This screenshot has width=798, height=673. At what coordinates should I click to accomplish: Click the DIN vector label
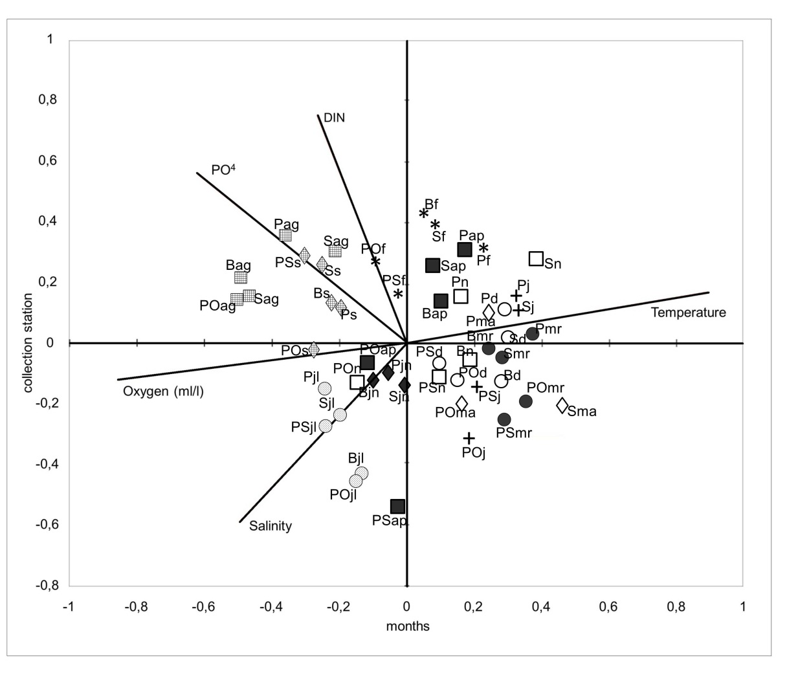(335, 118)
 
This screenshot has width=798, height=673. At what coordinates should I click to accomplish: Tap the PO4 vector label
(223, 170)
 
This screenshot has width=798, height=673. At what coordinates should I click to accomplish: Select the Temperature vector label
(688, 313)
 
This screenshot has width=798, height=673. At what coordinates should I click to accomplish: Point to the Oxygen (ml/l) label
(163, 392)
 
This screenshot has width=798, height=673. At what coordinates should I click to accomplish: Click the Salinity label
(271, 526)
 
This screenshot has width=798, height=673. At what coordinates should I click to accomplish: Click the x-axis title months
(408, 626)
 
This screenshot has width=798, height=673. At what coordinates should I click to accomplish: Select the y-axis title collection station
(28, 343)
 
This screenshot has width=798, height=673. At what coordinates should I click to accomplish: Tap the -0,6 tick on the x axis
(204, 607)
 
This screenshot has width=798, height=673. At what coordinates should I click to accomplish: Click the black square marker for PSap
(398, 506)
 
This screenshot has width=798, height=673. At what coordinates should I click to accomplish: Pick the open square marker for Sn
(536, 259)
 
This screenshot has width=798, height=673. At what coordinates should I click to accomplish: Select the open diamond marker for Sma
(562, 406)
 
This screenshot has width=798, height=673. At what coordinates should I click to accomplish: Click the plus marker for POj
(469, 438)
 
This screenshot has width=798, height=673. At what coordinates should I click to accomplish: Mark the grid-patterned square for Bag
(241, 278)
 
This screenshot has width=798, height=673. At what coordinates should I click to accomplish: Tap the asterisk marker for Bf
(424, 214)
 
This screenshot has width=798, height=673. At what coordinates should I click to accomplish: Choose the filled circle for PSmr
(504, 419)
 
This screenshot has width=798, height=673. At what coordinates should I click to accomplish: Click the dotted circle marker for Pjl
(325, 388)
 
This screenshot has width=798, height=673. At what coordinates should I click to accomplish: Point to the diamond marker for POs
(313, 349)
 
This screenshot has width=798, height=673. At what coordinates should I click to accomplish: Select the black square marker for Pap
(464, 250)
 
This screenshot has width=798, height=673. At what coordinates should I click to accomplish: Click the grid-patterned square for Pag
(285, 236)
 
